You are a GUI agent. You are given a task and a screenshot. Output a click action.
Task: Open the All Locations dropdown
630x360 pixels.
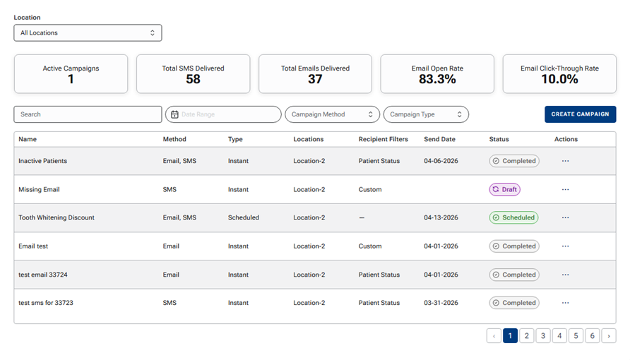coord(88,33)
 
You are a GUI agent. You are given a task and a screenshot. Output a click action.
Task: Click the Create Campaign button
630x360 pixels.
coord(580,114)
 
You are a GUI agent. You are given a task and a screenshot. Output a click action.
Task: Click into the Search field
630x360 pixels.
coord(88,114)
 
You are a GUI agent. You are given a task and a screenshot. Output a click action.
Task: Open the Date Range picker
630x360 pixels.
coord(223,114)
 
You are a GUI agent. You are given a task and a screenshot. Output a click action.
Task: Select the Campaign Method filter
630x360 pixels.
coord(332,114)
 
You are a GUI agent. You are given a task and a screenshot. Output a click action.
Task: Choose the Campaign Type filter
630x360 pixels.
coord(426,114)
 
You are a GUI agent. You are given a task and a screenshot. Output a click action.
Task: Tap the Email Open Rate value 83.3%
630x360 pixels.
coord(437,79)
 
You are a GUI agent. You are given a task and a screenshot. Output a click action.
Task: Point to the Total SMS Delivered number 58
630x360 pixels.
coord(193,79)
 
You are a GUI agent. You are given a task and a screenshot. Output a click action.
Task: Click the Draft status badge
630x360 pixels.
coord(505,189)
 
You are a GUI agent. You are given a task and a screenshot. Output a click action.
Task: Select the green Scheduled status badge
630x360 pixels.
coord(513,217)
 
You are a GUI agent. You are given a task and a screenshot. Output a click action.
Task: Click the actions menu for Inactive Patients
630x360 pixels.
coord(565,161)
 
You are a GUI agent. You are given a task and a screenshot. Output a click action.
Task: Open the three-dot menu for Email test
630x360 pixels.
coord(565,246)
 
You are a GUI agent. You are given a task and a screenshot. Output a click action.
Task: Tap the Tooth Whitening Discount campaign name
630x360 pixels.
coord(57,217)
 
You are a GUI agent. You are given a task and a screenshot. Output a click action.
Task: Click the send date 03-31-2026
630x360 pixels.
coord(441,303)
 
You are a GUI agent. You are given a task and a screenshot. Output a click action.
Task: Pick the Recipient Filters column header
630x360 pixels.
coord(384,139)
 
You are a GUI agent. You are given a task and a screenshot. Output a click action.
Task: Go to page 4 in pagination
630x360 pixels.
coord(559,335)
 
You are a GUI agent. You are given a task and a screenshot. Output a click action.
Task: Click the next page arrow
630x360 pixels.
coord(609,335)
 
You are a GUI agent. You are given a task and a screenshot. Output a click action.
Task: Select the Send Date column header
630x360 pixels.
coord(439,139)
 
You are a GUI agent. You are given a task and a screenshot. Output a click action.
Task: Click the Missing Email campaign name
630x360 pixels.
coord(39,189)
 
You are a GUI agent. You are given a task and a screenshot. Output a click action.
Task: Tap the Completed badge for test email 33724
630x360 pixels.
coord(514,275)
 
